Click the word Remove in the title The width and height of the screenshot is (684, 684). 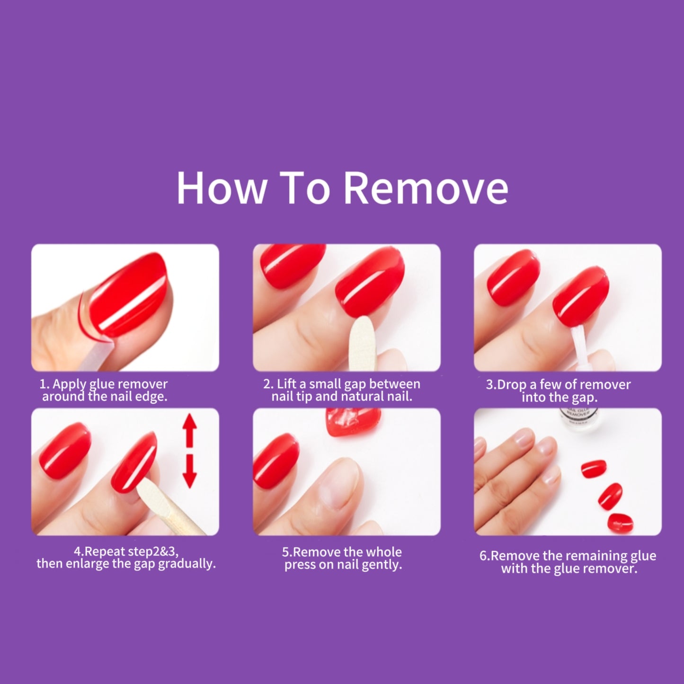[x=426, y=188]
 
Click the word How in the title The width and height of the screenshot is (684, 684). [x=222, y=188]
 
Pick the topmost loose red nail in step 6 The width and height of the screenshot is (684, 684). [x=594, y=469]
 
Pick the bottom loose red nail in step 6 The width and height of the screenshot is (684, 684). [x=620, y=523]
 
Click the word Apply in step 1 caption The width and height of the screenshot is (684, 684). [x=69, y=384]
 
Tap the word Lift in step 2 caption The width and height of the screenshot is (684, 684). [x=286, y=383]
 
